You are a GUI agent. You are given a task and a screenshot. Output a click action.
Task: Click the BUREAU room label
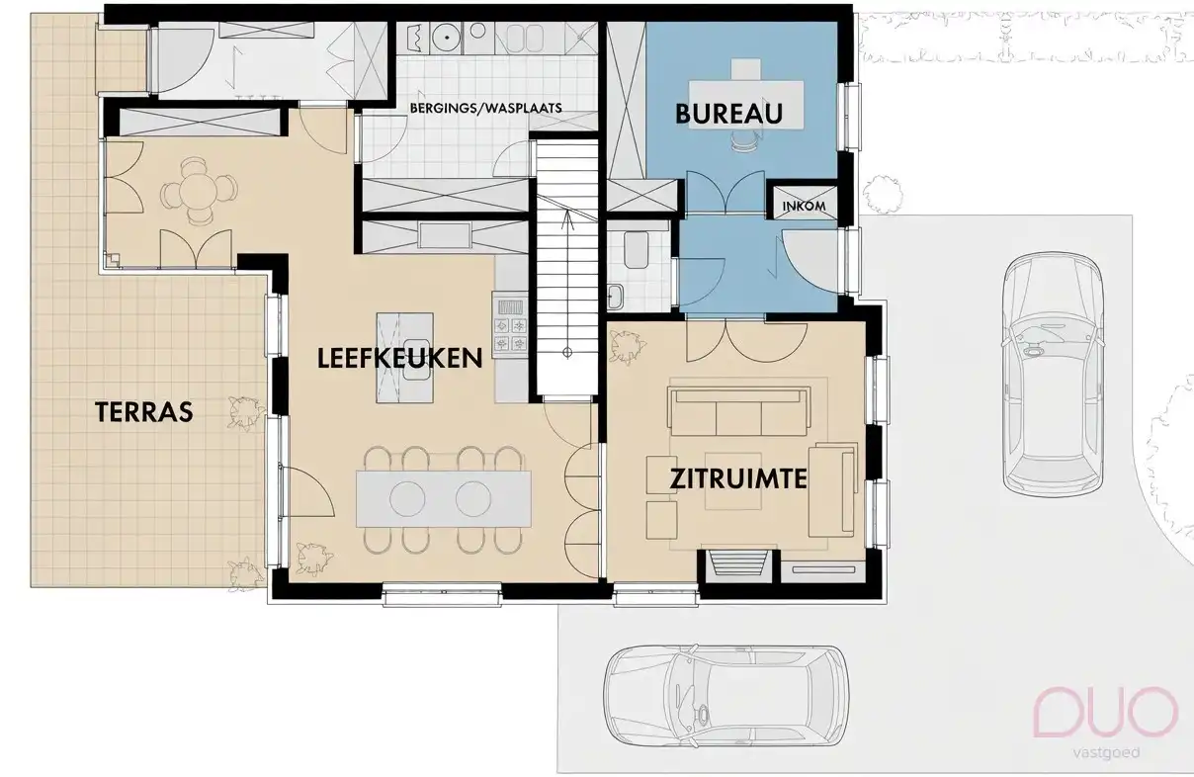(728, 114)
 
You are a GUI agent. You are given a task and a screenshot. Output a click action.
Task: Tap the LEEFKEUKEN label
(399, 358)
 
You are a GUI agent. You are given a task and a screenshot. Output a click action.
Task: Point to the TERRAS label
(143, 412)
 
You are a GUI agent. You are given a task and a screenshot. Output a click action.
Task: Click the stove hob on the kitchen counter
(511, 325)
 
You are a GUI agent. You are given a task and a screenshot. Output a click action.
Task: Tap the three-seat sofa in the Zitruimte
(738, 411)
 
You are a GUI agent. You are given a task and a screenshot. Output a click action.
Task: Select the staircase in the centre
(567, 267)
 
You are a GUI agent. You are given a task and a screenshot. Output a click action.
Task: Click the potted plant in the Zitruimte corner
(627, 347)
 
